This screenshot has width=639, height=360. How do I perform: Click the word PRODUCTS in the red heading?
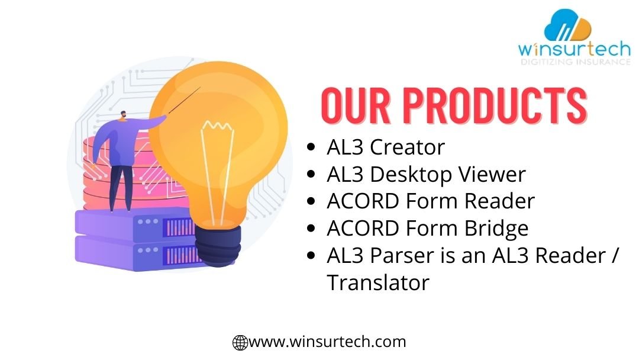click(x=495, y=105)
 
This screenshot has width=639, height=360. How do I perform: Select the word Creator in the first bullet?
click(x=407, y=147)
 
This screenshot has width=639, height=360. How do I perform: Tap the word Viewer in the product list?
click(x=492, y=174)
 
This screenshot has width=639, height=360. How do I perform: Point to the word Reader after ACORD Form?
click(x=499, y=201)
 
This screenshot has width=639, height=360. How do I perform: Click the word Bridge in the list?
click(x=496, y=229)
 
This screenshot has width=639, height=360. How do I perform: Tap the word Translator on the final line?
click(x=378, y=282)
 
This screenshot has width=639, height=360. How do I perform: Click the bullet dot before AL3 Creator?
click(x=311, y=147)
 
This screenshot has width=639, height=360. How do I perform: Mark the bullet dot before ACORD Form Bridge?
click(x=311, y=229)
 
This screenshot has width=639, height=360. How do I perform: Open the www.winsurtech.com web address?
click(x=327, y=342)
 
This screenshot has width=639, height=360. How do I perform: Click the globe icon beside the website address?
click(x=240, y=342)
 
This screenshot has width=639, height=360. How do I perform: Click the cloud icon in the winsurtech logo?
click(x=567, y=25)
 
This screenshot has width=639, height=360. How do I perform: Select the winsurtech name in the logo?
click(x=574, y=49)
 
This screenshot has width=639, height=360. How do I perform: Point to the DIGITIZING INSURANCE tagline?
click(x=576, y=62)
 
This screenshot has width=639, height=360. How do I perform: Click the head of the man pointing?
click(x=122, y=116)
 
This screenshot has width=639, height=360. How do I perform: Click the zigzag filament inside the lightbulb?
click(x=217, y=126)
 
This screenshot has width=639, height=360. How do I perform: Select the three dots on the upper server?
click(x=148, y=222)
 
